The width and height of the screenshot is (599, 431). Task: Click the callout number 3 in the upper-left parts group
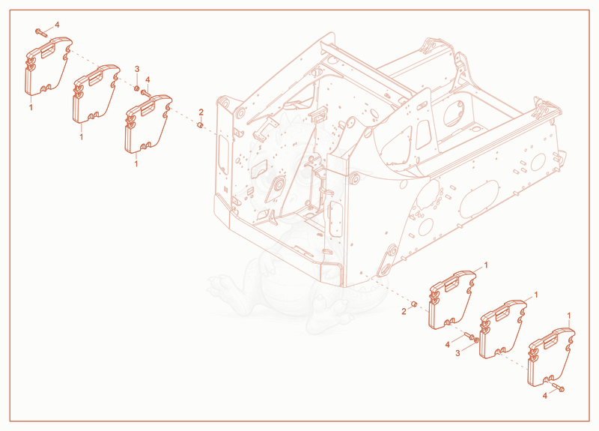(x=137, y=69)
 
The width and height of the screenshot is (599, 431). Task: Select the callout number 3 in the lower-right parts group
(x=457, y=353)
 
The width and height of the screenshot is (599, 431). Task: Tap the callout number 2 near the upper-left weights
(x=201, y=112)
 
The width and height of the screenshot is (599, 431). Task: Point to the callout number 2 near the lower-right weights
(x=404, y=312)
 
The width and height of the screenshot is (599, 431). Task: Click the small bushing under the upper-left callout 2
(x=199, y=125)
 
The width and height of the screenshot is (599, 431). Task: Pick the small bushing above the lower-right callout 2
(x=413, y=304)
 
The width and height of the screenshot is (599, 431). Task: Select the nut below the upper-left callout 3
(x=136, y=89)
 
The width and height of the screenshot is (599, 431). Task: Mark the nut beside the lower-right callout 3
(x=476, y=340)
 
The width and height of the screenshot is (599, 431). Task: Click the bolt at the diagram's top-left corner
(x=41, y=32)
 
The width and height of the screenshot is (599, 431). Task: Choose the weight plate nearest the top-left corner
(x=48, y=66)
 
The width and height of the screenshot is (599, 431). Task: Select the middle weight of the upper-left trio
(x=96, y=94)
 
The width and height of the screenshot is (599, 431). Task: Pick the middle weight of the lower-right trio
(x=502, y=330)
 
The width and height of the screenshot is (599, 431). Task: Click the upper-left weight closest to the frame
(x=148, y=124)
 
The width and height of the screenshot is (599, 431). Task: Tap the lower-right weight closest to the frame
(x=453, y=300)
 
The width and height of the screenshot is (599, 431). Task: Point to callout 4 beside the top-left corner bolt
(x=57, y=25)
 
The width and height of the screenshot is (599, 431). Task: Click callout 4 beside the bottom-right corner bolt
(x=545, y=396)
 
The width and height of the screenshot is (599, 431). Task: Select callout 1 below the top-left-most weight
(x=31, y=107)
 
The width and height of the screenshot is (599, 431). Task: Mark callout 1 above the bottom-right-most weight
(x=569, y=316)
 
